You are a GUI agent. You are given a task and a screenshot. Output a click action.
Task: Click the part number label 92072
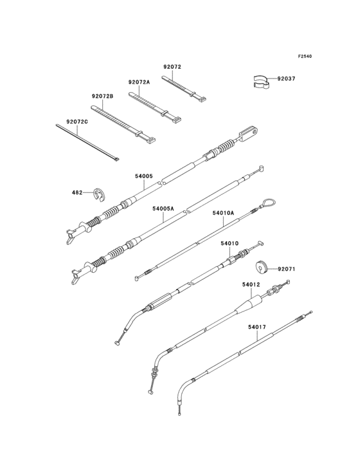point(172,67)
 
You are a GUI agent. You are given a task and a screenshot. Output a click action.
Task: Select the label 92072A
point(139,82)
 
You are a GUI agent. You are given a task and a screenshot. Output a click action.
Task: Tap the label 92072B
point(102,96)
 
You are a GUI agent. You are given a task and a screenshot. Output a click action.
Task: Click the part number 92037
point(287,79)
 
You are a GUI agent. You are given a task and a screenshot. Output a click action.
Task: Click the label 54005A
point(163,208)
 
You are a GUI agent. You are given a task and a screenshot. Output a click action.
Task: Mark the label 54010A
point(223,212)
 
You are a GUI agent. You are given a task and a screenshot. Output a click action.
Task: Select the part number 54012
point(251,284)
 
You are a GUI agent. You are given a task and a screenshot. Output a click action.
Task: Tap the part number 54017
point(256,327)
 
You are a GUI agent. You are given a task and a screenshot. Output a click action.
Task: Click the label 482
point(77,192)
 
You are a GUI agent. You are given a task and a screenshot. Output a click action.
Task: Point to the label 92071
point(286,269)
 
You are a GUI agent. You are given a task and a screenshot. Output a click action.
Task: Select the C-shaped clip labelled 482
point(98,193)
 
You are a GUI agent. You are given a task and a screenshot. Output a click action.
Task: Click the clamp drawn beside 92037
point(260,81)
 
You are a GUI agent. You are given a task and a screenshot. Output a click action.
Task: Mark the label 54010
point(230,244)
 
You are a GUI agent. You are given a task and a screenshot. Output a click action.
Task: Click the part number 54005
point(143,176)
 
